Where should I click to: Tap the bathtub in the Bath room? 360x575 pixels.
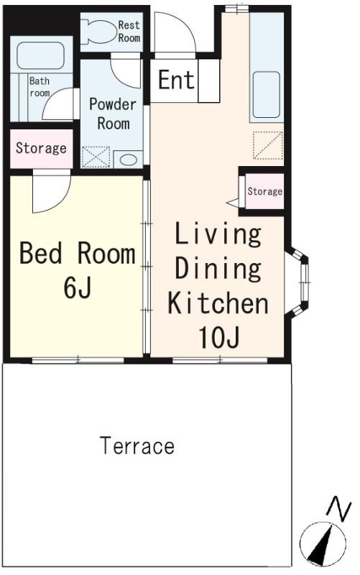[x=41, y=55]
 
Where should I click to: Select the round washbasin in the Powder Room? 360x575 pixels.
[x=129, y=160]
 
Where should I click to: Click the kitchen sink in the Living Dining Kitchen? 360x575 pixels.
[x=266, y=94]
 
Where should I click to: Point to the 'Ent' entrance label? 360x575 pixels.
[x=176, y=80]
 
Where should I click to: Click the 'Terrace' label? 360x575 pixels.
[x=137, y=445]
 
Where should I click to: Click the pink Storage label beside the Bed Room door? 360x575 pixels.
[x=41, y=148]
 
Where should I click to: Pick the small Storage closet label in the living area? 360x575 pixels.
[x=264, y=191]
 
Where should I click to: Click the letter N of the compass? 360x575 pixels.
[x=339, y=509]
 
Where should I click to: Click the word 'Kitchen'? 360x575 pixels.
[x=218, y=303]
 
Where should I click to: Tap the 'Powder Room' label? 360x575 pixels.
[x=113, y=114]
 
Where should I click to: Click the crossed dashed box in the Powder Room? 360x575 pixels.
[x=96, y=157]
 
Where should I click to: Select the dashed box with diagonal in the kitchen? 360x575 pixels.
[x=268, y=145]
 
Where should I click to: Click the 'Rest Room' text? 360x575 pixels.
[x=129, y=31]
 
